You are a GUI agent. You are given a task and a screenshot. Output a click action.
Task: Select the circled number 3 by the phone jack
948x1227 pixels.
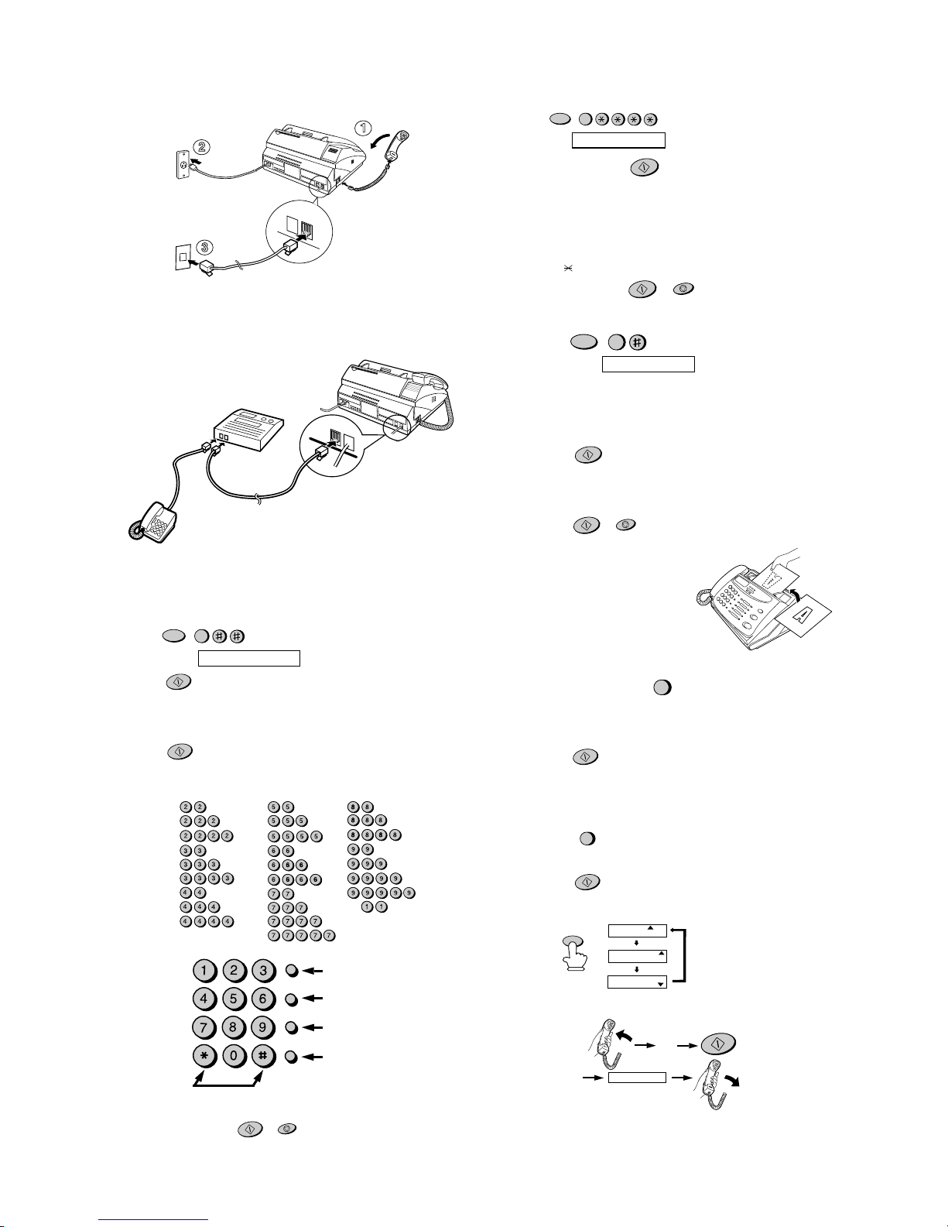tap(205, 248)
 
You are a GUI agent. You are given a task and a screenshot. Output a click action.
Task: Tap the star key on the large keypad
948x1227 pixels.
tap(204, 1057)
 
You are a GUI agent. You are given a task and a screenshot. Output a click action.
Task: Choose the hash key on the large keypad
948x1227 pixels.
tap(262, 1057)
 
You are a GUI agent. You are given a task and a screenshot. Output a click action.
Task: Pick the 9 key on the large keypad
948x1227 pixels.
tap(262, 1028)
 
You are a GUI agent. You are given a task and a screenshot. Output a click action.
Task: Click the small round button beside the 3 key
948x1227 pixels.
tap(291, 971)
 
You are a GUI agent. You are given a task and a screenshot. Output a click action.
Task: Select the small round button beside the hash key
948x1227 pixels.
tap(291, 1057)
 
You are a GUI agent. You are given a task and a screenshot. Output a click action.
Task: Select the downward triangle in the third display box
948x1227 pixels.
tap(660, 983)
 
